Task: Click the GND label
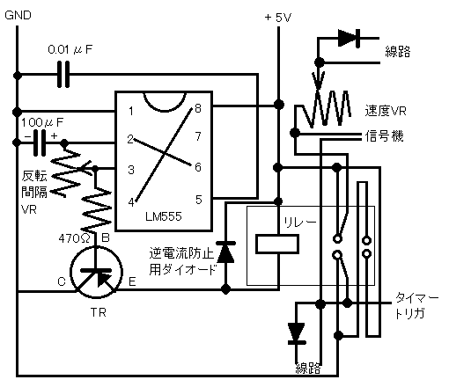(x=18, y=15)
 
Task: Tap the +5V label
(x=277, y=18)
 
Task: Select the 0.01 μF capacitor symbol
(x=63, y=74)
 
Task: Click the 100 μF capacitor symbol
(x=40, y=142)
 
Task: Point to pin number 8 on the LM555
(x=198, y=108)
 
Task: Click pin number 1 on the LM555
(x=131, y=111)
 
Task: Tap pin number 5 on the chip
(x=199, y=200)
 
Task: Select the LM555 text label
(x=164, y=216)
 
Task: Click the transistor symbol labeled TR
(x=96, y=273)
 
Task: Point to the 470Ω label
(x=74, y=238)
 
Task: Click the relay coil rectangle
(x=277, y=244)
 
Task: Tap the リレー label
(x=299, y=223)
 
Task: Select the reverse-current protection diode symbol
(x=225, y=252)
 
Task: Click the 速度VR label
(x=386, y=111)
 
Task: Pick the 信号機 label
(x=384, y=136)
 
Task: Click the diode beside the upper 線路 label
(x=349, y=38)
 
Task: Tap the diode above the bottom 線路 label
(x=297, y=333)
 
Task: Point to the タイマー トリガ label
(x=416, y=306)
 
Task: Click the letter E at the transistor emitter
(x=132, y=282)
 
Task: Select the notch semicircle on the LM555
(x=165, y=103)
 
